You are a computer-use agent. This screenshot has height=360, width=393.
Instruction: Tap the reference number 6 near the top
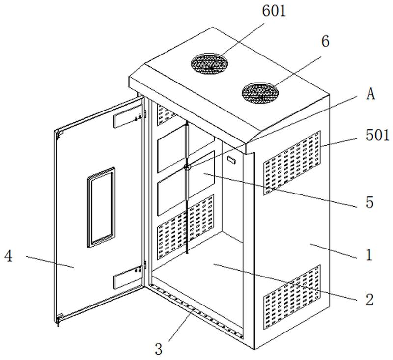click(325, 42)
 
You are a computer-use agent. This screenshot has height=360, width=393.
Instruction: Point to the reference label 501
click(378, 134)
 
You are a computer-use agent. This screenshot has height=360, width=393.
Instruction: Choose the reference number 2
click(369, 298)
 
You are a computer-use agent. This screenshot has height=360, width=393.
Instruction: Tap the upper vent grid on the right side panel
click(293, 162)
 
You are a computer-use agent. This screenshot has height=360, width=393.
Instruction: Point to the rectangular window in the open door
click(101, 206)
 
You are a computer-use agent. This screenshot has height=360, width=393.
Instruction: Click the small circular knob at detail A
click(187, 168)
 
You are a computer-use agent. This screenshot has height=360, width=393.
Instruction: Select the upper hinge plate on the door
click(127, 118)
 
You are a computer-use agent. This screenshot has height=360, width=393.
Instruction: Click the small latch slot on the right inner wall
click(233, 160)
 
